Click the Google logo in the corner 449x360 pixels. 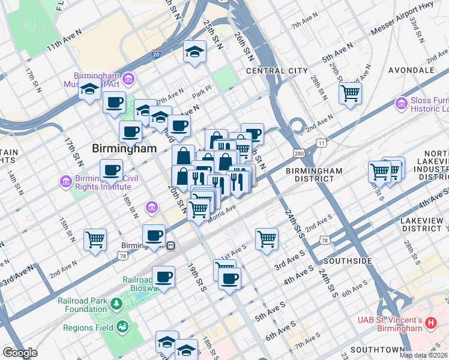coord(20,353)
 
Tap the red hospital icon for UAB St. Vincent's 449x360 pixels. coord(430,324)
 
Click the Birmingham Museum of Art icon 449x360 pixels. coord(128,79)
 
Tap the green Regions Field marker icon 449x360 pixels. coord(122,327)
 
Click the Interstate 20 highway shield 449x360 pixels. coord(156,54)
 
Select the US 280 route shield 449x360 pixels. coord(299,154)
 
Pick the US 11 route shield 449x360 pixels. coord(322,143)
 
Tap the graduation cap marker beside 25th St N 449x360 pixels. coord(194,52)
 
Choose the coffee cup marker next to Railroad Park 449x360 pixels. coord(163,277)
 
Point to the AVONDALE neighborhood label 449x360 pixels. coord(411,70)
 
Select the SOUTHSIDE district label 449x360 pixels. coord(348,262)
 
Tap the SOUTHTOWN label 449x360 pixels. coord(378,349)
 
